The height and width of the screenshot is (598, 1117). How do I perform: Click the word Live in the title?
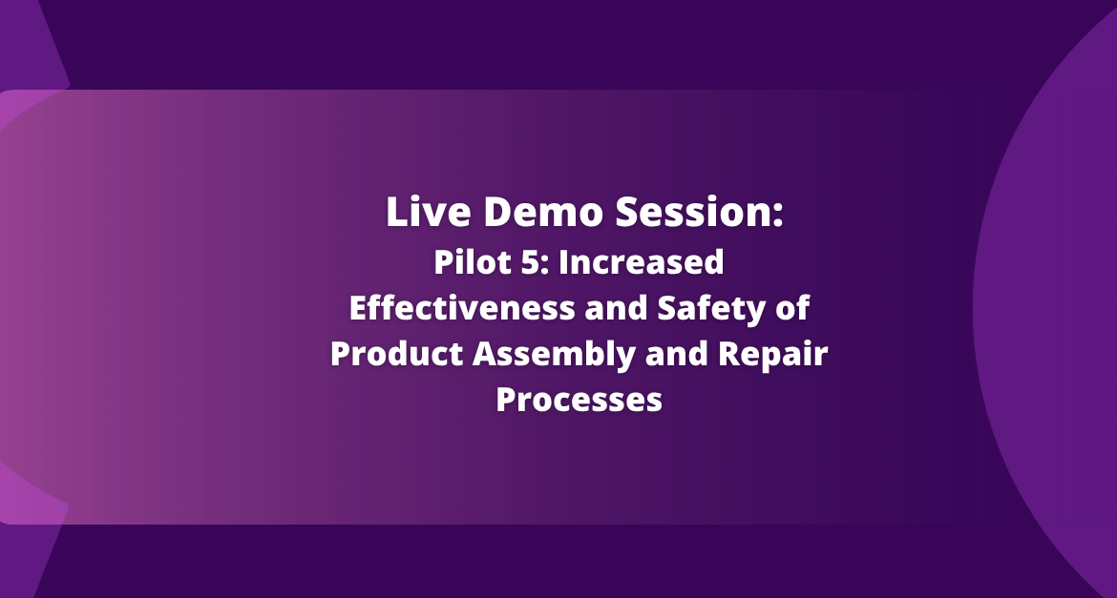click(428, 212)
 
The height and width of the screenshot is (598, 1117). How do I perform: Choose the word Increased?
click(642, 262)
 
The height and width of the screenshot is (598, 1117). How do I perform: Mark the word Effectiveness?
click(462, 308)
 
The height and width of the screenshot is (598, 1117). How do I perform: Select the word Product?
click(396, 354)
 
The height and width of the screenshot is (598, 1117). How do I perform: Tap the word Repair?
click(773, 355)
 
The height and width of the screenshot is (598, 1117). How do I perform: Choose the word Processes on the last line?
click(580, 400)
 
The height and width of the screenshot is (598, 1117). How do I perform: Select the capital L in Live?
click(396, 212)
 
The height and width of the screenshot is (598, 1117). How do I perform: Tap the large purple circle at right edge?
click(1047, 306)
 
